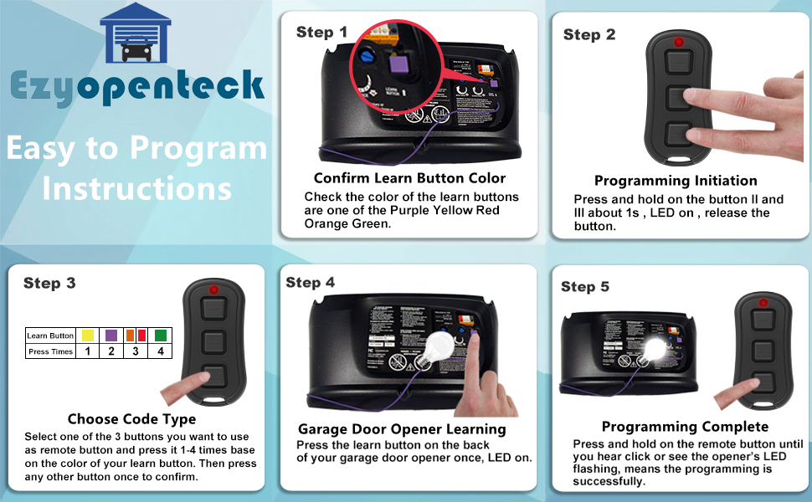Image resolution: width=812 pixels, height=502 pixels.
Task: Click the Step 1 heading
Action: coord(321,33)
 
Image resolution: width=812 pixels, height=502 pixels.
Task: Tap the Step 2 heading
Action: coord(589,34)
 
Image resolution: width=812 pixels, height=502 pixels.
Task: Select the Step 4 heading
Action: coord(310,282)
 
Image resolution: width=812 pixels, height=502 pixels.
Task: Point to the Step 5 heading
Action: coord(585,287)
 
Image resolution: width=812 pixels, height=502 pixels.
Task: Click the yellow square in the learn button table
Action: coord(87,336)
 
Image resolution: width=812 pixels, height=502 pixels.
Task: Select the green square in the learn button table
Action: coord(160,336)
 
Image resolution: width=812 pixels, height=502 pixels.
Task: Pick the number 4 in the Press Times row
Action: coord(160,351)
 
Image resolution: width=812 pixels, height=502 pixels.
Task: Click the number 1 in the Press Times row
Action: coord(87,351)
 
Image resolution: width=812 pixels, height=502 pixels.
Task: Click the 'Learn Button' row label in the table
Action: coord(50,336)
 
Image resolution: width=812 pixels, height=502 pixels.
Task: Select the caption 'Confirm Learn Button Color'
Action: coord(409,178)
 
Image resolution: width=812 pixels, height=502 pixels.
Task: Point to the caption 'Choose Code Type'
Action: coord(131,419)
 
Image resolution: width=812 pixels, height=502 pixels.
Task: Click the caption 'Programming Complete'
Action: coord(674,428)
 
